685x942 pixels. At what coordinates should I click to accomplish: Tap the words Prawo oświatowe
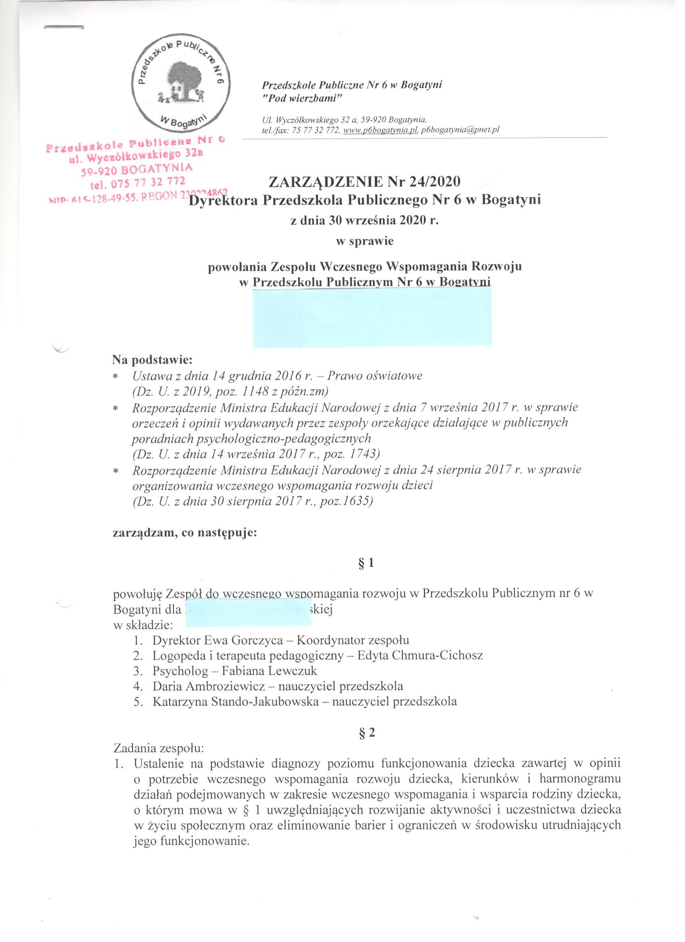pyautogui.click(x=375, y=376)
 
